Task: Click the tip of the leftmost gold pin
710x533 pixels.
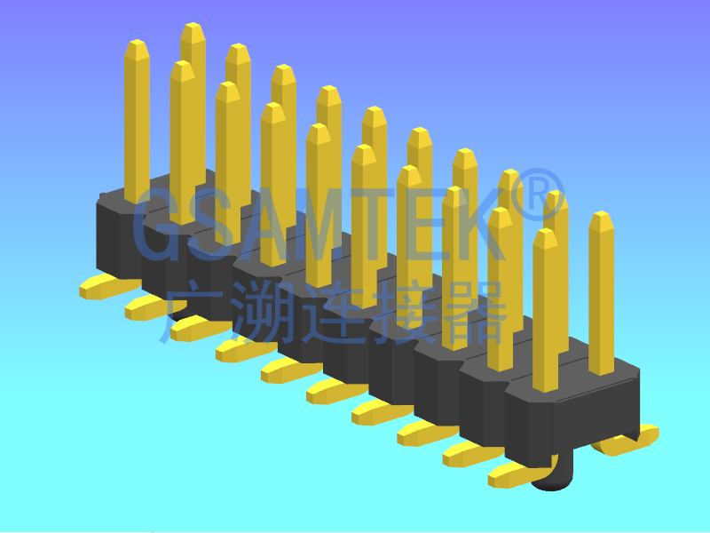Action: (x=137, y=44)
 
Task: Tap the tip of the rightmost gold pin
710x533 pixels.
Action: (x=602, y=217)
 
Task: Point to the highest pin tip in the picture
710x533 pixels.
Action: (x=193, y=28)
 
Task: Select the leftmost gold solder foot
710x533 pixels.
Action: (x=100, y=287)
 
